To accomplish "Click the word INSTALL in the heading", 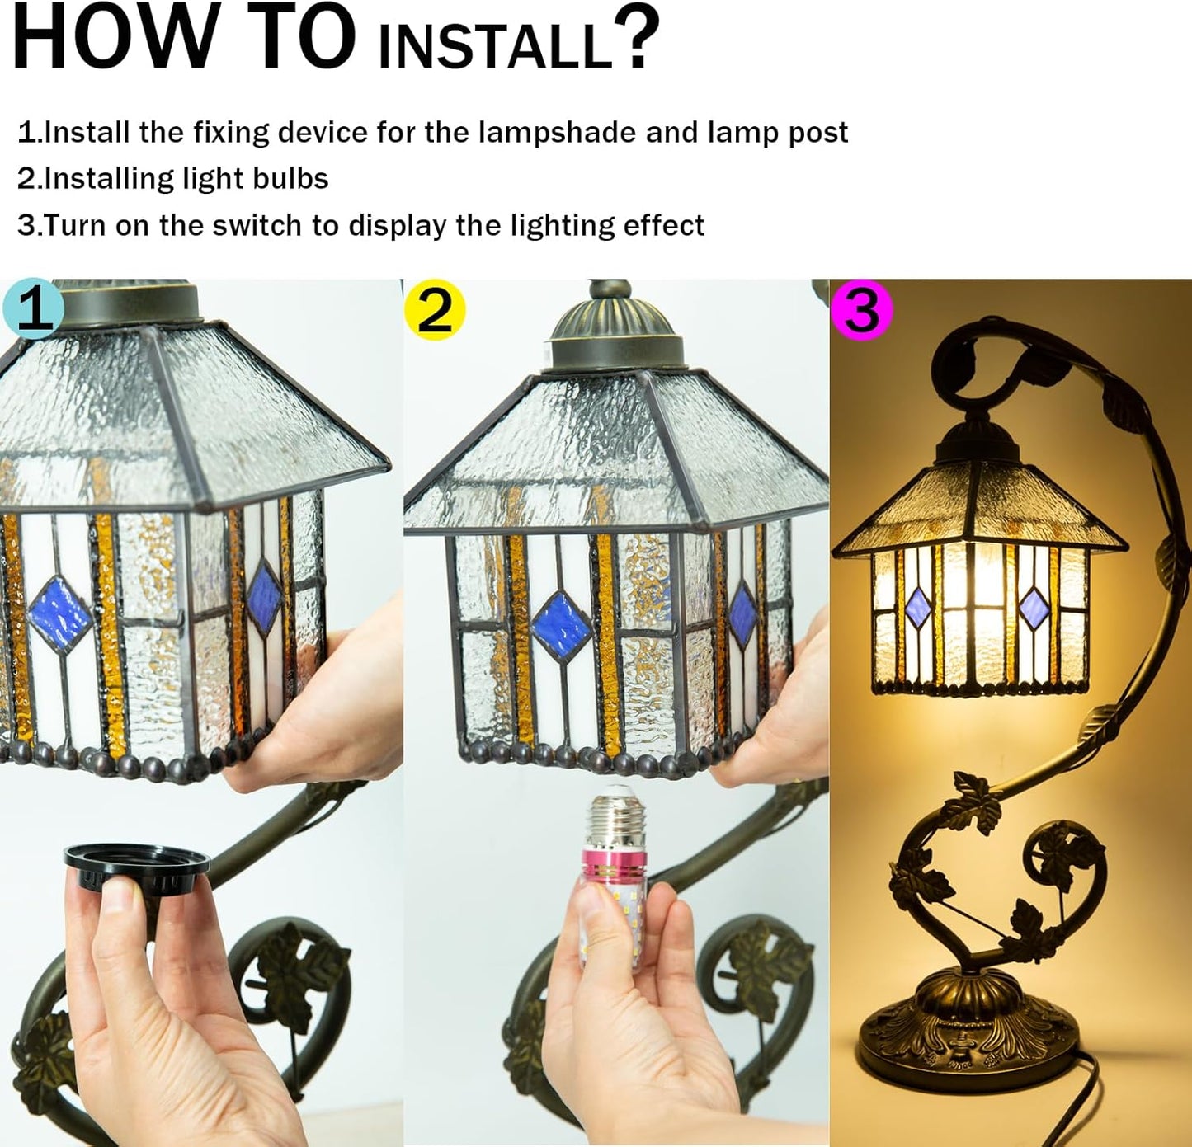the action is pyautogui.click(x=496, y=46).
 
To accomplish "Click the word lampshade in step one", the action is pyautogui.click(x=557, y=134).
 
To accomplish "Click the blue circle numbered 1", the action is pyautogui.click(x=33, y=308).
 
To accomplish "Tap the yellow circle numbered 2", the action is pyautogui.click(x=435, y=310).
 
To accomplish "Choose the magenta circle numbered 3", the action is pyautogui.click(x=861, y=310).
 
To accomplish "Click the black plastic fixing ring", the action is pyautogui.click(x=137, y=866).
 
